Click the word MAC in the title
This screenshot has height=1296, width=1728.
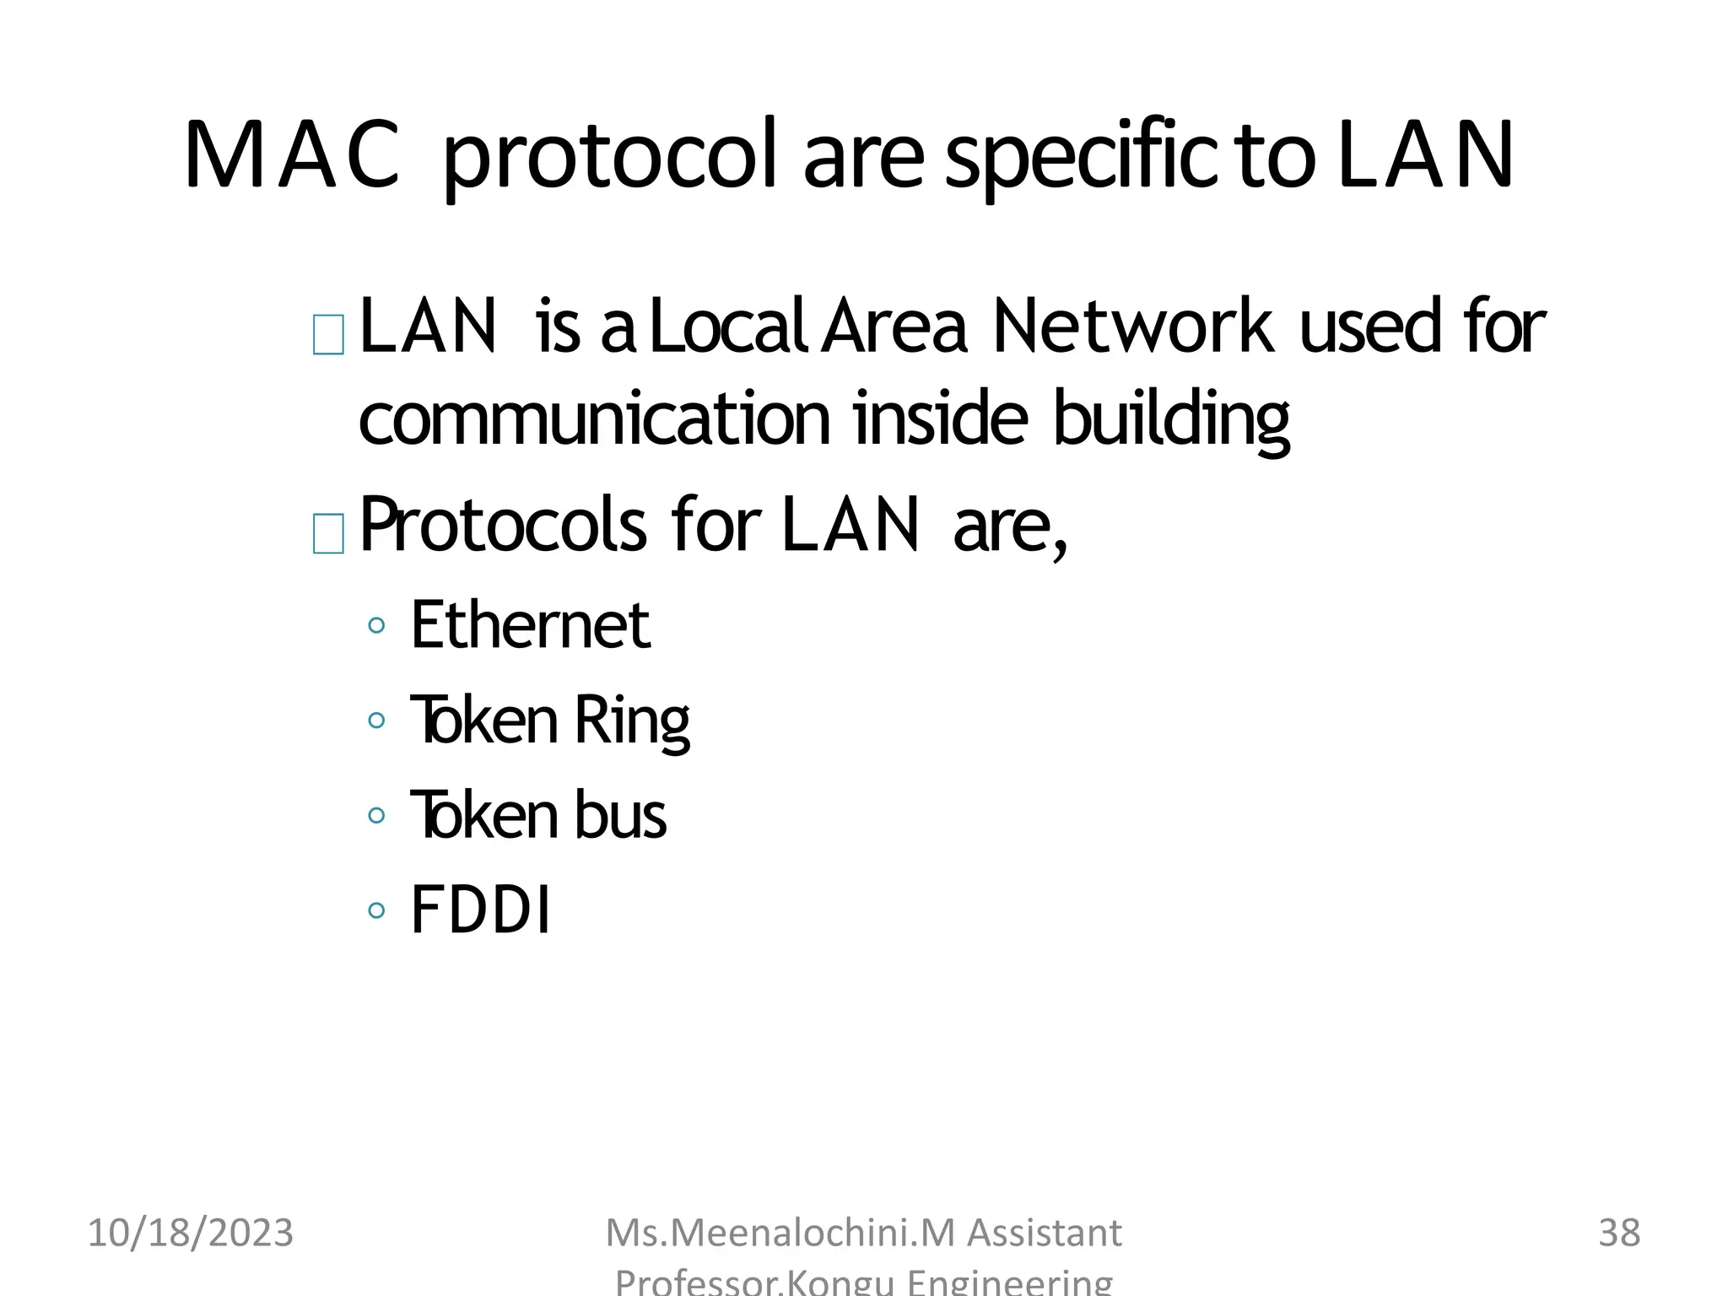coord(291,155)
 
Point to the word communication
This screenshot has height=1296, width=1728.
coord(595,419)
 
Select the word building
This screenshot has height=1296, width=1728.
coord(1171,419)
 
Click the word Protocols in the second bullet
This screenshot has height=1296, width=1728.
coord(503,526)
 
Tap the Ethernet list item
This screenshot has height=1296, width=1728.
coord(530,625)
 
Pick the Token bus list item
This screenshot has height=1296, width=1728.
coord(538,816)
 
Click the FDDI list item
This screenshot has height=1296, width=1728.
coord(481,910)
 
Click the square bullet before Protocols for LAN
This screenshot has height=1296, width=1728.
coord(328,533)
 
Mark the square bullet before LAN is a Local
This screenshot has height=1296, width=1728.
coord(328,334)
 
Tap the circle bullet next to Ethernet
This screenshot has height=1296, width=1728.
coord(376,626)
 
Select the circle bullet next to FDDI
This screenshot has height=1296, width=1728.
coord(376,910)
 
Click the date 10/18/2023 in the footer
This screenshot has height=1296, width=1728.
coord(191,1233)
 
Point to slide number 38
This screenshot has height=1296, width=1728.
coord(1619,1233)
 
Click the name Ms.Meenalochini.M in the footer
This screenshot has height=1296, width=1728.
coord(780,1233)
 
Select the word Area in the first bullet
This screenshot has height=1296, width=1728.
coord(894,327)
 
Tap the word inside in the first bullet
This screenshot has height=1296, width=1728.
coord(940,419)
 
